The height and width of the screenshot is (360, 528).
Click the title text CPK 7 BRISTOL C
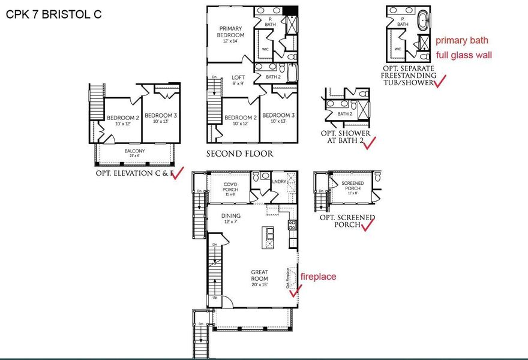point(53,14)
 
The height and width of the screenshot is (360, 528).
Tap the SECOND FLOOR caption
point(239,154)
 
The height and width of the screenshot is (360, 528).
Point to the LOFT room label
point(238,80)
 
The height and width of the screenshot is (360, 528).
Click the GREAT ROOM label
point(259,275)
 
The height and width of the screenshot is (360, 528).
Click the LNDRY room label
point(279,181)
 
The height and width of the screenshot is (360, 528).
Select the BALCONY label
point(134,153)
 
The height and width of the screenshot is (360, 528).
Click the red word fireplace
point(318,277)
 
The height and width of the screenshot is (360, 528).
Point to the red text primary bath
point(461,41)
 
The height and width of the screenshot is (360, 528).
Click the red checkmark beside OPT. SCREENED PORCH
point(367,224)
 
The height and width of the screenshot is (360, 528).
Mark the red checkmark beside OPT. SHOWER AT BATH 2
point(369,142)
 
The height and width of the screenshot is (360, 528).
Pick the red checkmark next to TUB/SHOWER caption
point(441,82)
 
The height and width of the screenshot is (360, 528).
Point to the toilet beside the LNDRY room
point(257,177)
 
